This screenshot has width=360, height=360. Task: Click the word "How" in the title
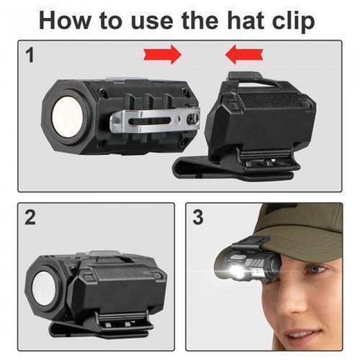pos(65,20)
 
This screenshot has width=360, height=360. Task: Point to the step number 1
pos(30,56)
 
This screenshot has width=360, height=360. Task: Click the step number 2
pos(30,218)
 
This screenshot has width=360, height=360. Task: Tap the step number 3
pos(198,218)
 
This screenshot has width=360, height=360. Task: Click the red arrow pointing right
pos(163,55)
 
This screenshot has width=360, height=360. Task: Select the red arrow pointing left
pos(244,55)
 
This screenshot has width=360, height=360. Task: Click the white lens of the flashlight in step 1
pos(67,117)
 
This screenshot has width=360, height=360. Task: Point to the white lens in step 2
pos(44,288)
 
